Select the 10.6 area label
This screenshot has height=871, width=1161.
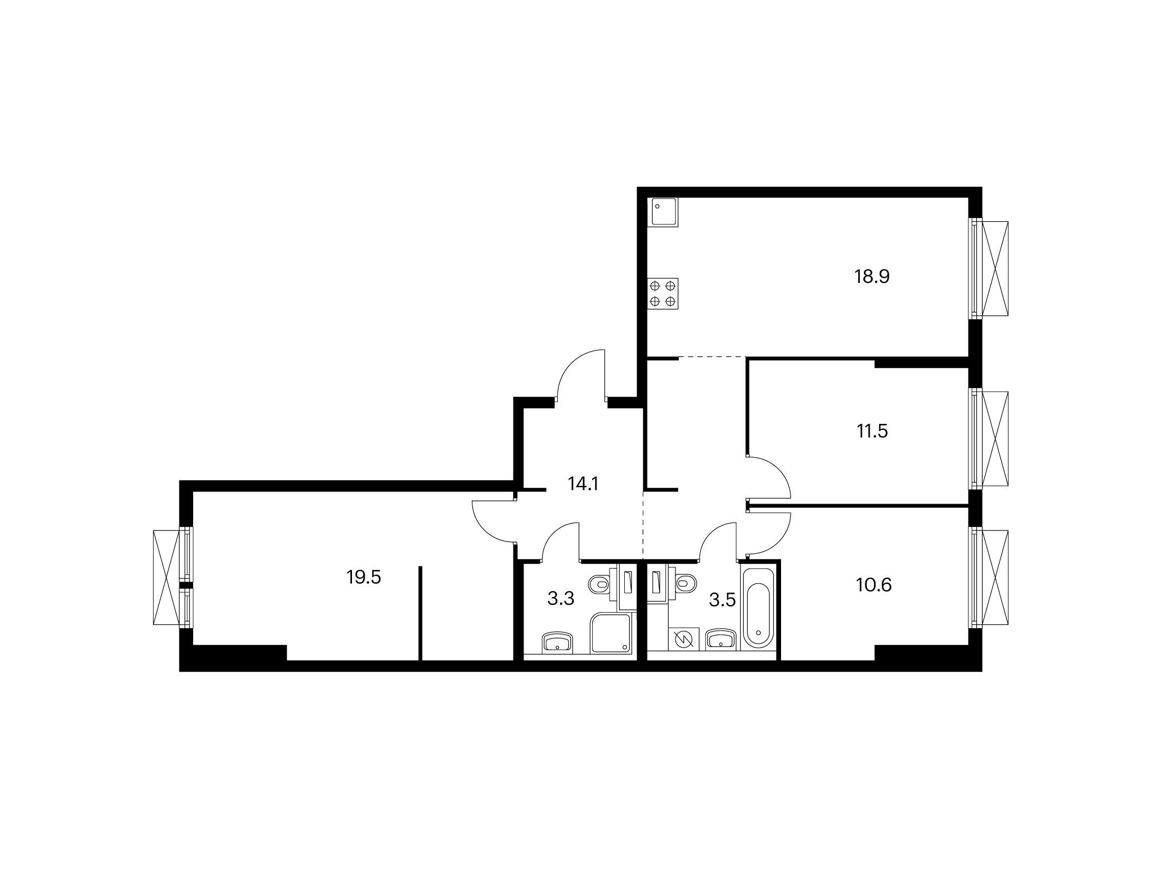pyautogui.click(x=874, y=585)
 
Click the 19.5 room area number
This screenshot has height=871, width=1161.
pyautogui.click(x=364, y=577)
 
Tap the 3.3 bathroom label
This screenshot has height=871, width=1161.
pyautogui.click(x=560, y=599)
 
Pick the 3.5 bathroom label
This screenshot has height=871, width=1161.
pyautogui.click(x=722, y=600)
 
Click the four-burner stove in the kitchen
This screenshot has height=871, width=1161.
pyautogui.click(x=663, y=294)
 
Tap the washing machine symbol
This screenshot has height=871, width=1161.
pyautogui.click(x=684, y=640)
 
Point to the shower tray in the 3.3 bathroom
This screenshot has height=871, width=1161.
pyautogui.click(x=611, y=633)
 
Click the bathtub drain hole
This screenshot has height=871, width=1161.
pyautogui.click(x=758, y=632)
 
